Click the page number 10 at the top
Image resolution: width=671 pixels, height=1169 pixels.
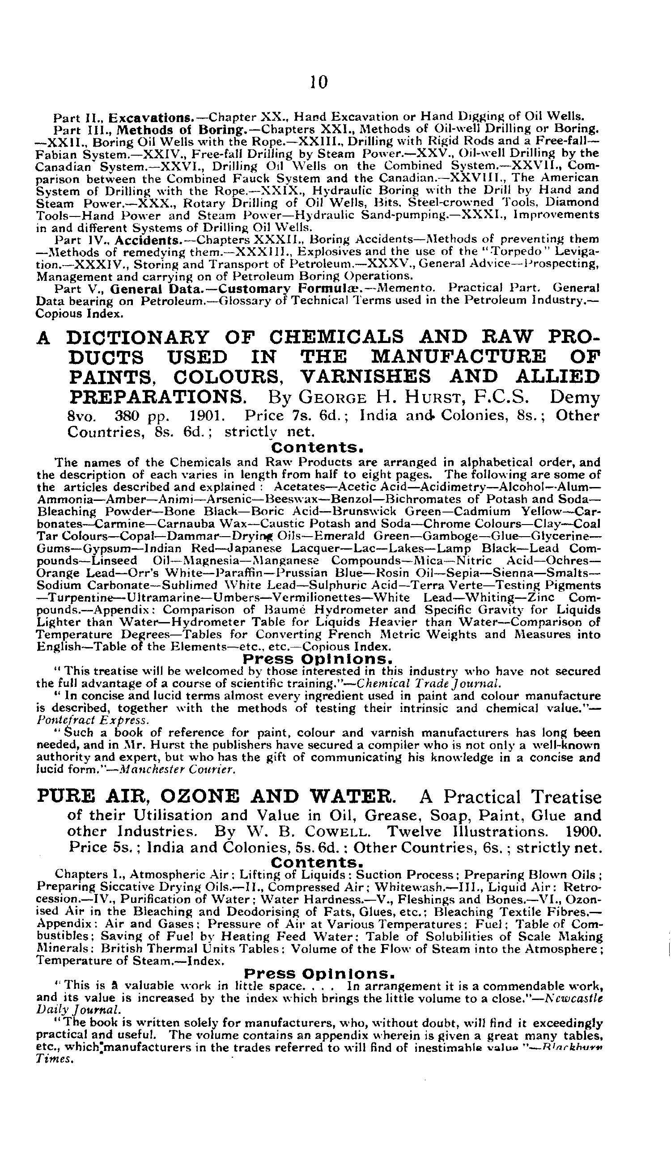tap(319, 82)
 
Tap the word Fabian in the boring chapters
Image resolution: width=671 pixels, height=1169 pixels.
tap(52, 153)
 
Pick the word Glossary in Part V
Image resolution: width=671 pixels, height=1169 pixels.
tap(243, 301)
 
